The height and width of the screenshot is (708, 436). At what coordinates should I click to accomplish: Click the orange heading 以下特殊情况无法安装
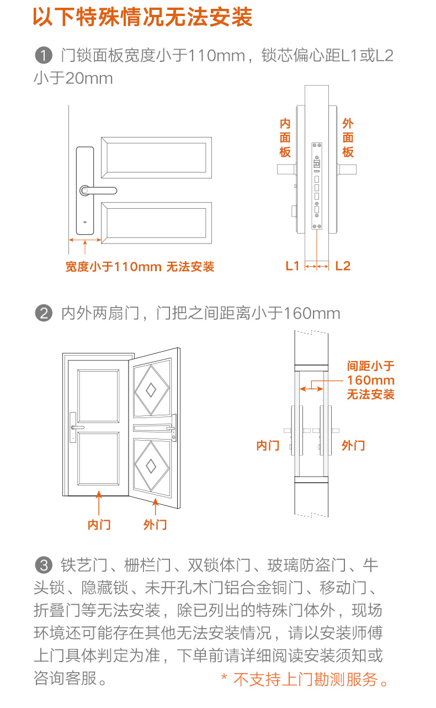coord(142,17)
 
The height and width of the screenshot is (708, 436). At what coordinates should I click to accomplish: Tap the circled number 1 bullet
coord(43,56)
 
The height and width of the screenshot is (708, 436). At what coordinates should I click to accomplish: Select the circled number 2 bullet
coord(43,314)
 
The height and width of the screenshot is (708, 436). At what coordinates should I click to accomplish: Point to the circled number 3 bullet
coord(43,566)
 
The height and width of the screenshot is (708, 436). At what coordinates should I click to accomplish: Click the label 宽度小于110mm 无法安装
coord(140,267)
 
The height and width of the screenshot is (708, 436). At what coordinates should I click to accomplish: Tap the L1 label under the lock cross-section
coord(292,266)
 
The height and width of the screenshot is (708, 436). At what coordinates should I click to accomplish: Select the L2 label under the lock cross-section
coord(343,266)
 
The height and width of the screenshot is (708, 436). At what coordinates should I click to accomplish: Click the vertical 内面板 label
coord(285,138)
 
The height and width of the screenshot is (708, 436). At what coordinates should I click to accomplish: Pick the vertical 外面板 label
coord(348,138)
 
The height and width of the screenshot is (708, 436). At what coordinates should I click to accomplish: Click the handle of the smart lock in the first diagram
coord(99,191)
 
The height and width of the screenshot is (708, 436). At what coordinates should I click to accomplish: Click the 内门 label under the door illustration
coord(99,525)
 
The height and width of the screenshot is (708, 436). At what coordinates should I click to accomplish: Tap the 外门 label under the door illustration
coord(155,525)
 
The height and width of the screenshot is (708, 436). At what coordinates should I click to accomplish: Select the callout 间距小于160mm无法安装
coord(371,381)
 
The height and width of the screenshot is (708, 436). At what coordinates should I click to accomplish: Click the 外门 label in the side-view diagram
coord(353,445)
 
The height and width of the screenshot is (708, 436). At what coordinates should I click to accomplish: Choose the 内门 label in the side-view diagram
coord(268,445)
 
